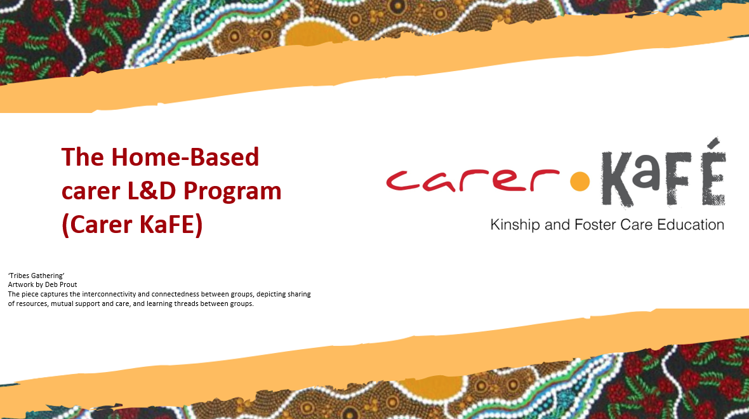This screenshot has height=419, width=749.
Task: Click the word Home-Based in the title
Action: coord(185,157)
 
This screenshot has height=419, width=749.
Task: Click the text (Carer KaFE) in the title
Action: coord(132,225)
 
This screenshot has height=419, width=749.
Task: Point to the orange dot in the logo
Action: coord(580,181)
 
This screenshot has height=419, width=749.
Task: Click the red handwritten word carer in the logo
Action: coord(472,180)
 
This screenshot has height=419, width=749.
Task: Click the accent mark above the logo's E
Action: coord(715,142)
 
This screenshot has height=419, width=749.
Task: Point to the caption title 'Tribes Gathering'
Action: coord(36,276)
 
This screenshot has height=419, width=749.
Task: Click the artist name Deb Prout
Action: coord(61,285)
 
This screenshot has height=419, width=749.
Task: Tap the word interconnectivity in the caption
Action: coord(109,295)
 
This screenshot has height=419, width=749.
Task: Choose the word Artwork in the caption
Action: coord(21,285)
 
